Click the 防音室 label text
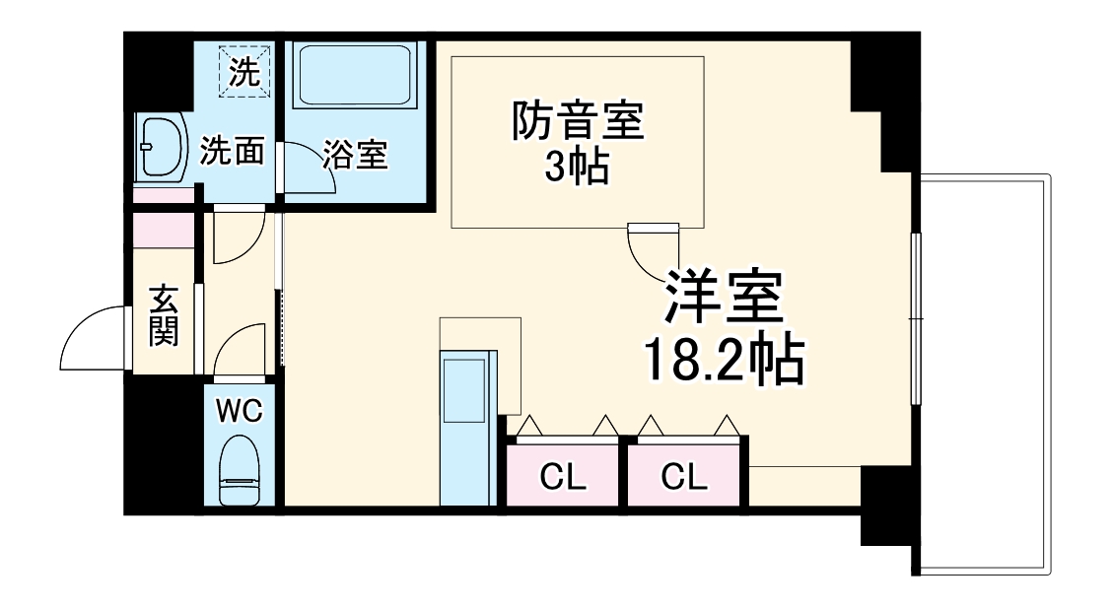pyautogui.click(x=577, y=123)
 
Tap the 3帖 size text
pyautogui.click(x=577, y=169)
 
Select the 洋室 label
pyautogui.click(x=725, y=299)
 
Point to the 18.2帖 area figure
pyautogui.click(x=725, y=362)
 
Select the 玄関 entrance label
pyautogui.click(x=164, y=315)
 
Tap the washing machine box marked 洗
pyautogui.click(x=243, y=71)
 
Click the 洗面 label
pyautogui.click(x=233, y=151)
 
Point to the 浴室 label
pyautogui.click(x=356, y=154)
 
